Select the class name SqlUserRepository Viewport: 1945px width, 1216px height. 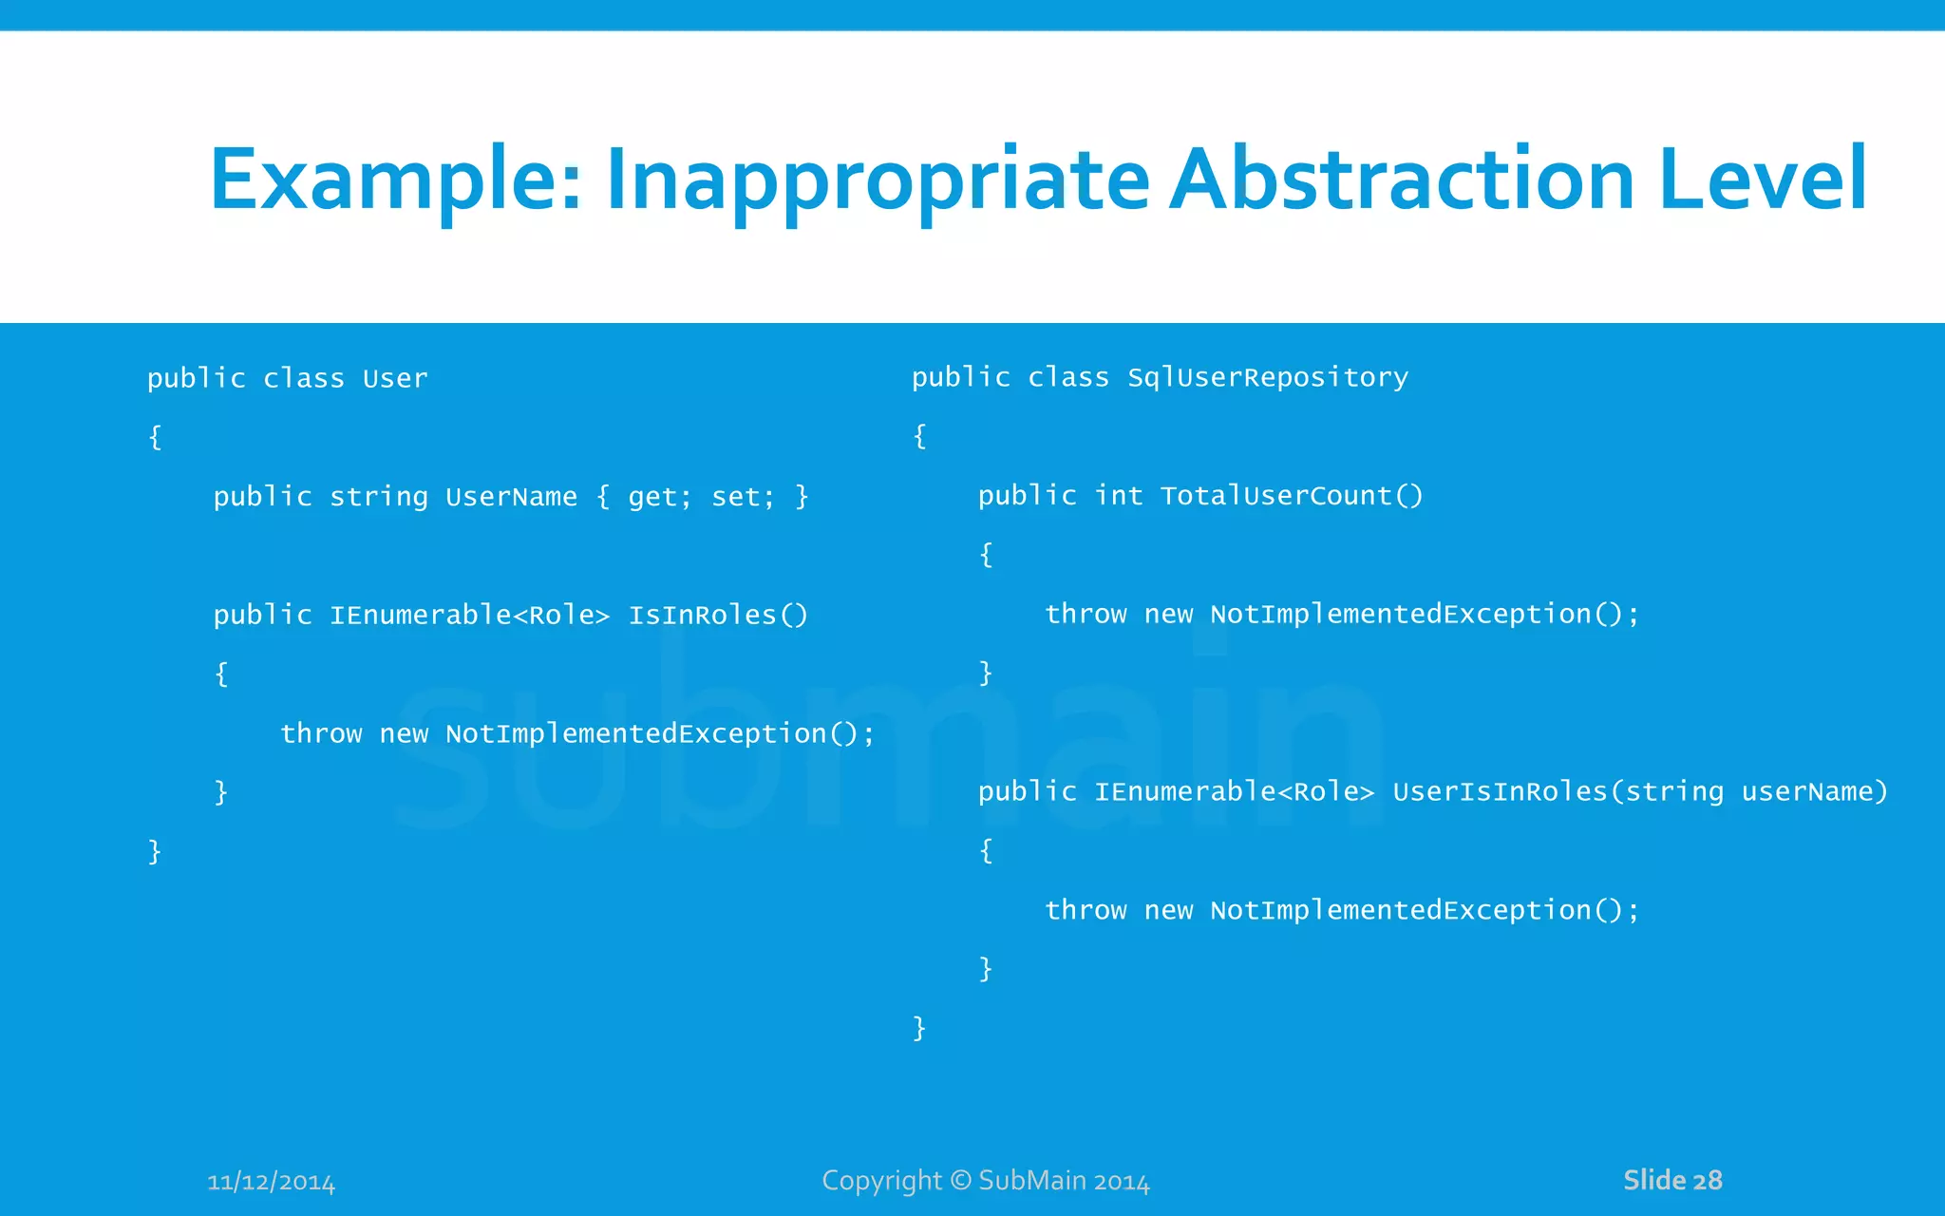point(1268,378)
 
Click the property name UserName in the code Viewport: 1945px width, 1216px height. point(511,497)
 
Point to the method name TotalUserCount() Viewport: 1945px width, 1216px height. point(1292,496)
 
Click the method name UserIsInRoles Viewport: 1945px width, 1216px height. point(1501,791)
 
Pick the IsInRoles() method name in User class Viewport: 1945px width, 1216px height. point(718,616)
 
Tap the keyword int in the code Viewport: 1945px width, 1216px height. point(1119,496)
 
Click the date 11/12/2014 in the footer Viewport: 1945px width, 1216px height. point(272,1182)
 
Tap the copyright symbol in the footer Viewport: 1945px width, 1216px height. point(961,1180)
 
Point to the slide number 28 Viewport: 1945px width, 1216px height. point(1707,1180)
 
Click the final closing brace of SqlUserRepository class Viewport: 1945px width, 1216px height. point(918,1027)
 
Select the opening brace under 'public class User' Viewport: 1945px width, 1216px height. point(155,437)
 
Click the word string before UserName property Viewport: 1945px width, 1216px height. point(379,497)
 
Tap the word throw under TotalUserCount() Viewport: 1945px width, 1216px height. point(1086,615)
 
